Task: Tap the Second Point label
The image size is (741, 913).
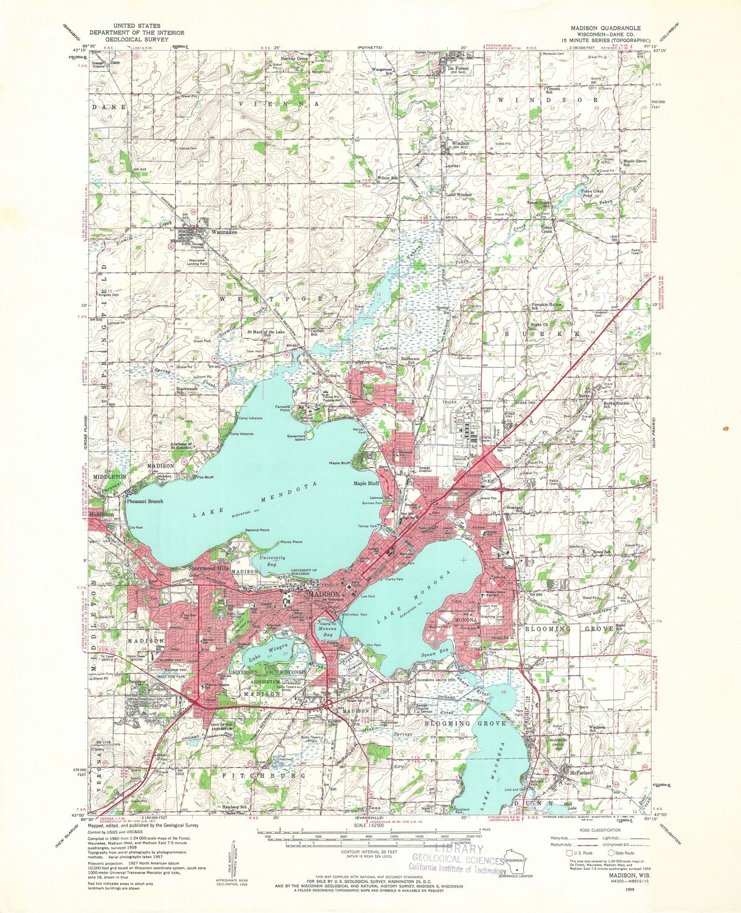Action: pos(257,530)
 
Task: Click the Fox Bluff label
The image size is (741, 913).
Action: pos(205,477)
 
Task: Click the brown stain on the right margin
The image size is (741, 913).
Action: pos(725,430)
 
